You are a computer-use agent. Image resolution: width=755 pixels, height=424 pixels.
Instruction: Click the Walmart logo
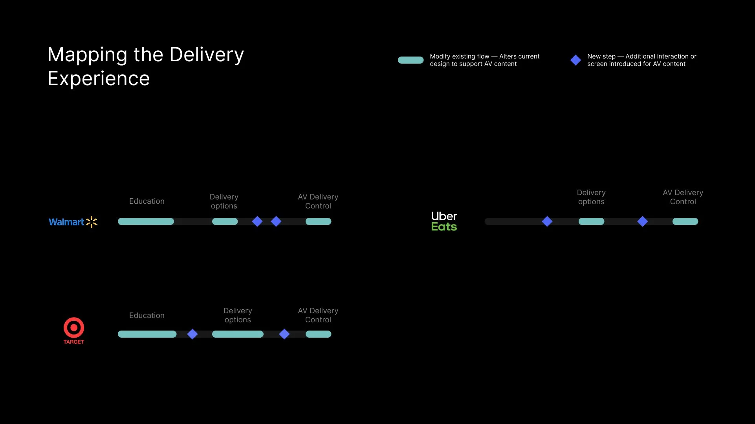(x=73, y=222)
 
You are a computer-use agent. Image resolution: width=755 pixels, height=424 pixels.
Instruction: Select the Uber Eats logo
(x=444, y=221)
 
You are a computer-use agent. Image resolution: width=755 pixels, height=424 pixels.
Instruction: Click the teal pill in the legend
(x=410, y=60)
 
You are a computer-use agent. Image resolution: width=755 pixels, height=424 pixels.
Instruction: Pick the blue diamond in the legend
(x=575, y=60)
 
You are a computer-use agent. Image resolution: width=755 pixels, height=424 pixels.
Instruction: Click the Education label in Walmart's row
(x=147, y=201)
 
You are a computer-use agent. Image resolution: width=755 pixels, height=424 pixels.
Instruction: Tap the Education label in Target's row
(x=147, y=315)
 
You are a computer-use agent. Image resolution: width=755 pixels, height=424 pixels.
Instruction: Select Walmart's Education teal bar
(x=146, y=221)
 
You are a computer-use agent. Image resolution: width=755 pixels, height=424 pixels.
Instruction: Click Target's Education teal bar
(x=147, y=334)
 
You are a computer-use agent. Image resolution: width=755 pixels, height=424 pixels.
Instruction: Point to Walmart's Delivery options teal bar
(x=225, y=221)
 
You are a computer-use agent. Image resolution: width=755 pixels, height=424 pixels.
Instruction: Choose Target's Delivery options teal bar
(x=238, y=334)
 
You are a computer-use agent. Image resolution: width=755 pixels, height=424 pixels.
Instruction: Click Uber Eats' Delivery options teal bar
(x=591, y=221)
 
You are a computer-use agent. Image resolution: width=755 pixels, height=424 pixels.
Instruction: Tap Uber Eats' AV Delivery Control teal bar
(x=685, y=221)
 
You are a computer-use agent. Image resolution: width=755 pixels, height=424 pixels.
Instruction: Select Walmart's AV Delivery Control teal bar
(x=318, y=221)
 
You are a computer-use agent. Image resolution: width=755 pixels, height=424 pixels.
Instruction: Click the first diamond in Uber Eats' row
(x=547, y=221)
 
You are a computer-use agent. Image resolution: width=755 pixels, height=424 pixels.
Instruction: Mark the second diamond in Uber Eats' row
(x=642, y=221)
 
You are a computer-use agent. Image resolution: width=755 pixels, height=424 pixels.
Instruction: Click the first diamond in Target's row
(x=192, y=334)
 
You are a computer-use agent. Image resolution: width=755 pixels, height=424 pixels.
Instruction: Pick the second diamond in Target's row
(x=284, y=334)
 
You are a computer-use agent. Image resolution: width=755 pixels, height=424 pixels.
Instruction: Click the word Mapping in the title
(x=87, y=55)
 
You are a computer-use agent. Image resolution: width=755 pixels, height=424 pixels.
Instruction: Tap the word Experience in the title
(x=99, y=79)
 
